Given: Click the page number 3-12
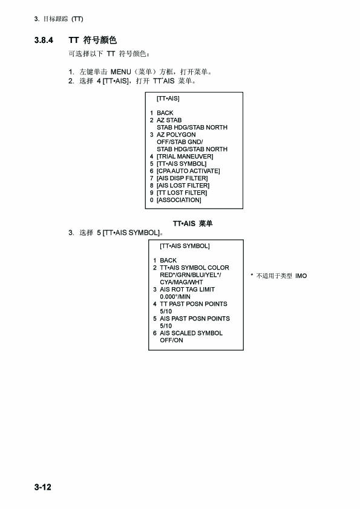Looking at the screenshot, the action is tap(42, 487).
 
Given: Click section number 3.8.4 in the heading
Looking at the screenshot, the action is tap(44, 41).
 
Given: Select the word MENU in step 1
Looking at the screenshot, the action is tap(120, 72).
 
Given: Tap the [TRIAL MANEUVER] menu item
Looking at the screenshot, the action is tap(185, 157).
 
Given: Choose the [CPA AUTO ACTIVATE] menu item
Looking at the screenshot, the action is tap(188, 171).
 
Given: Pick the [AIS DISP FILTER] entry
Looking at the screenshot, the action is tap(182, 178).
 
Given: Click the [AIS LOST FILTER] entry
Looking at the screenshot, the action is tap(183, 186).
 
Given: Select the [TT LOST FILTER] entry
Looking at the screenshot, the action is tap(182, 193).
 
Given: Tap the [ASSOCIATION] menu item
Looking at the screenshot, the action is tap(178, 200).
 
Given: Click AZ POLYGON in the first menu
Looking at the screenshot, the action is tap(176, 135).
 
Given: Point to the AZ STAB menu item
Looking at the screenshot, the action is tap(169, 120).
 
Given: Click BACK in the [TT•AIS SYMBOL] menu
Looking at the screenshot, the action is tap(168, 261).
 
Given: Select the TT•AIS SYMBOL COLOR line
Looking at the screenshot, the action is tap(194, 268).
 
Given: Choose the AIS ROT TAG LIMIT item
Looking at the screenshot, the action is tap(187, 290).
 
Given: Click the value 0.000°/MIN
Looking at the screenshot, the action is tap(175, 297).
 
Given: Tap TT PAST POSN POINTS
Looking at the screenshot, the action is tap(194, 304).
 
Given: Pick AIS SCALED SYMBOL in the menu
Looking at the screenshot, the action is tap(191, 333).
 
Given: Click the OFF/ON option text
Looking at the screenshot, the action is tap(171, 340).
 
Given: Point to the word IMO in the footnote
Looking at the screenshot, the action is tap(301, 276).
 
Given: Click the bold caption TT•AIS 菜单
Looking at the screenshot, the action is tap(192, 223).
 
